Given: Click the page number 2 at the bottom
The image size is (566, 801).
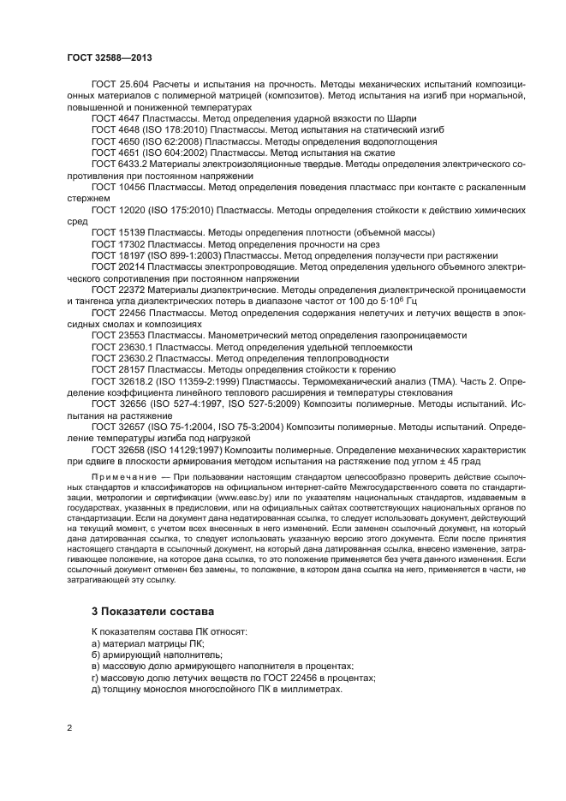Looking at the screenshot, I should click(69, 728).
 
